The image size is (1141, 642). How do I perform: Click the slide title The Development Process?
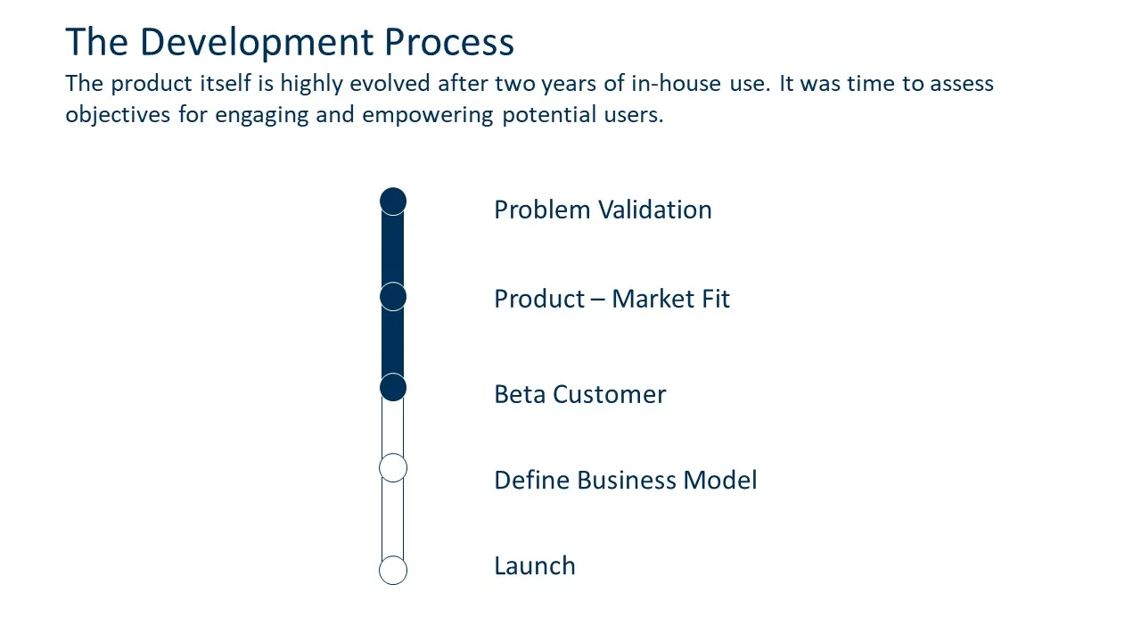[x=290, y=43]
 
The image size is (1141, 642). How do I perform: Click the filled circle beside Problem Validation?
[x=393, y=202]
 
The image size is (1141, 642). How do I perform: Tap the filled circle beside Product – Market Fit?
[x=393, y=296]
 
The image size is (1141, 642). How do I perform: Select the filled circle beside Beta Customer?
[x=393, y=387]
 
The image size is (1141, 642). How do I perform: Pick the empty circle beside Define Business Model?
[x=393, y=467]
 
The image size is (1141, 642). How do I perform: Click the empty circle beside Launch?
[x=393, y=570]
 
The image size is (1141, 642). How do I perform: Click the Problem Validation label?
[x=603, y=210]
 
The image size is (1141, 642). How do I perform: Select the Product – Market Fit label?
[x=612, y=299]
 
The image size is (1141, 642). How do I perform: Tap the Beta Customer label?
[x=579, y=394]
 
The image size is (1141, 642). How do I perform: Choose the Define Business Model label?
[x=625, y=481]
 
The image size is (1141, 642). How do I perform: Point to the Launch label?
[x=535, y=566]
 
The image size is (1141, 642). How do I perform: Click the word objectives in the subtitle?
[x=119, y=116]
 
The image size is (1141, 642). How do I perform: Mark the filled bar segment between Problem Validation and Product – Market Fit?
[x=393, y=249]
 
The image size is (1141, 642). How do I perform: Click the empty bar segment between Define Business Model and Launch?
[x=393, y=519]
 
